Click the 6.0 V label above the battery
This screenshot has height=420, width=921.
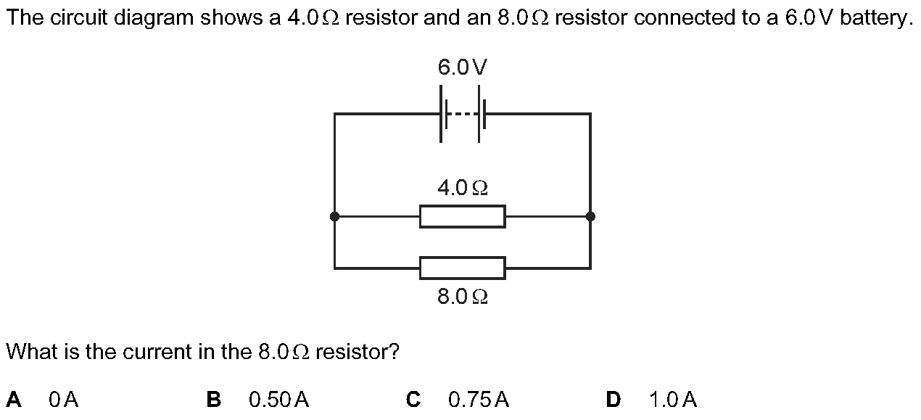[x=462, y=67]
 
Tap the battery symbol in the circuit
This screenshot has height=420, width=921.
[x=462, y=114]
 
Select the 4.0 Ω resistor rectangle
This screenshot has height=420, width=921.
[x=462, y=216]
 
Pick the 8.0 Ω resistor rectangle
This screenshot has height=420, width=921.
[x=462, y=268]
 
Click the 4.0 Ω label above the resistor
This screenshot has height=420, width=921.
[x=462, y=189]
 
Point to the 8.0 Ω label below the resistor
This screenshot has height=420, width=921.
[x=462, y=296]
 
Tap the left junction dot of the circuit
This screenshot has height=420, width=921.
[x=334, y=216]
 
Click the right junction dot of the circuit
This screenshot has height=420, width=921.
[x=590, y=216]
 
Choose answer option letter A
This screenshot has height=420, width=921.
[x=14, y=399]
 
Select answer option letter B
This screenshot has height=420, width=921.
[x=214, y=399]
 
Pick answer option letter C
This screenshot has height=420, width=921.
[x=413, y=399]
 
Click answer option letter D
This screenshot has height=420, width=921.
[x=614, y=399]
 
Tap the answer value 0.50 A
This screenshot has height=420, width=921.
[x=278, y=399]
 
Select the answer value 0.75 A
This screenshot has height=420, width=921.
[x=479, y=399]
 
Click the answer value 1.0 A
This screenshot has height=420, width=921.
[x=673, y=399]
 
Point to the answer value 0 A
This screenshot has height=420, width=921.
[x=64, y=399]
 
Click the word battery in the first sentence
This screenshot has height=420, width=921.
[x=872, y=19]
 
